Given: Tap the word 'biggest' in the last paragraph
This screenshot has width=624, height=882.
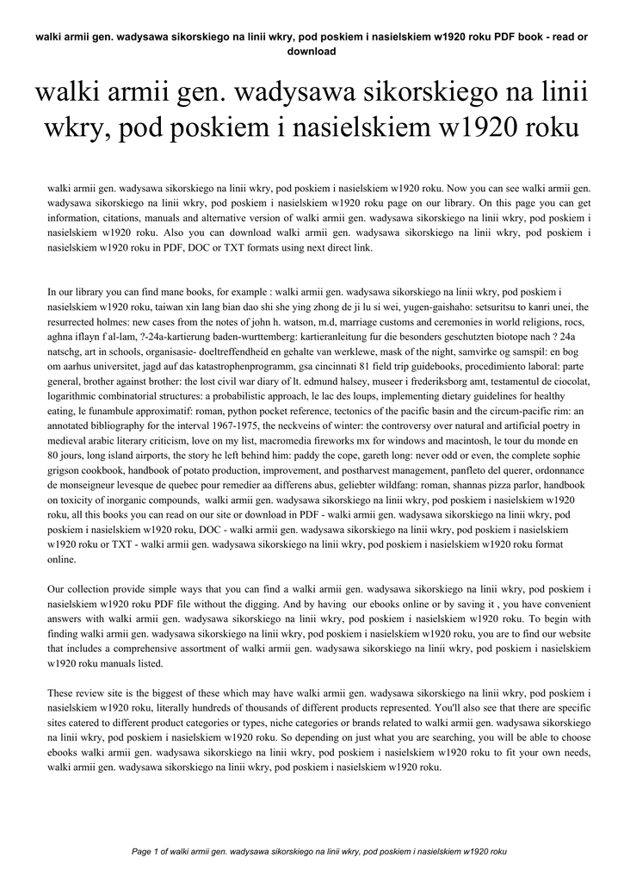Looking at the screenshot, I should pyautogui.click(x=158, y=693).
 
